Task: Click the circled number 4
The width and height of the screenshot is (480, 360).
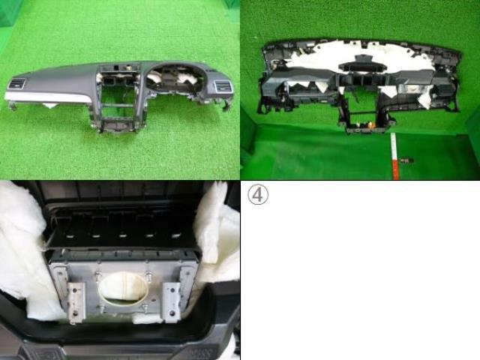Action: coord(258,195)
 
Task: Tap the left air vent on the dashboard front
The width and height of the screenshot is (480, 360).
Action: coord(16,84)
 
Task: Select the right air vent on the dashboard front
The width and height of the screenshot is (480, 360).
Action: coord(223,86)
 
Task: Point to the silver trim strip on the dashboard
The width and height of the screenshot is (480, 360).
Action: coord(48,97)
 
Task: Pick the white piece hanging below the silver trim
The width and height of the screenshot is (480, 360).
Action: coord(50,106)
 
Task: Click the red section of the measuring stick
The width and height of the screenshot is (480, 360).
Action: coord(395,167)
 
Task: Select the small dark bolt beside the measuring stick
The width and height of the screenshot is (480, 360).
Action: coord(406,160)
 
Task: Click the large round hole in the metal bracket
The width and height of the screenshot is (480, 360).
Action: coord(123,289)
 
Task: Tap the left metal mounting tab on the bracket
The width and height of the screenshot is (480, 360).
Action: coord(76,302)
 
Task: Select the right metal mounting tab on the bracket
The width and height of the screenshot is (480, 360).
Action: coord(172,301)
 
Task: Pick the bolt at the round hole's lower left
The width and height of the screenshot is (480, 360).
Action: coord(100,308)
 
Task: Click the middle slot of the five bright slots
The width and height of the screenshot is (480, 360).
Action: coord(122,236)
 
